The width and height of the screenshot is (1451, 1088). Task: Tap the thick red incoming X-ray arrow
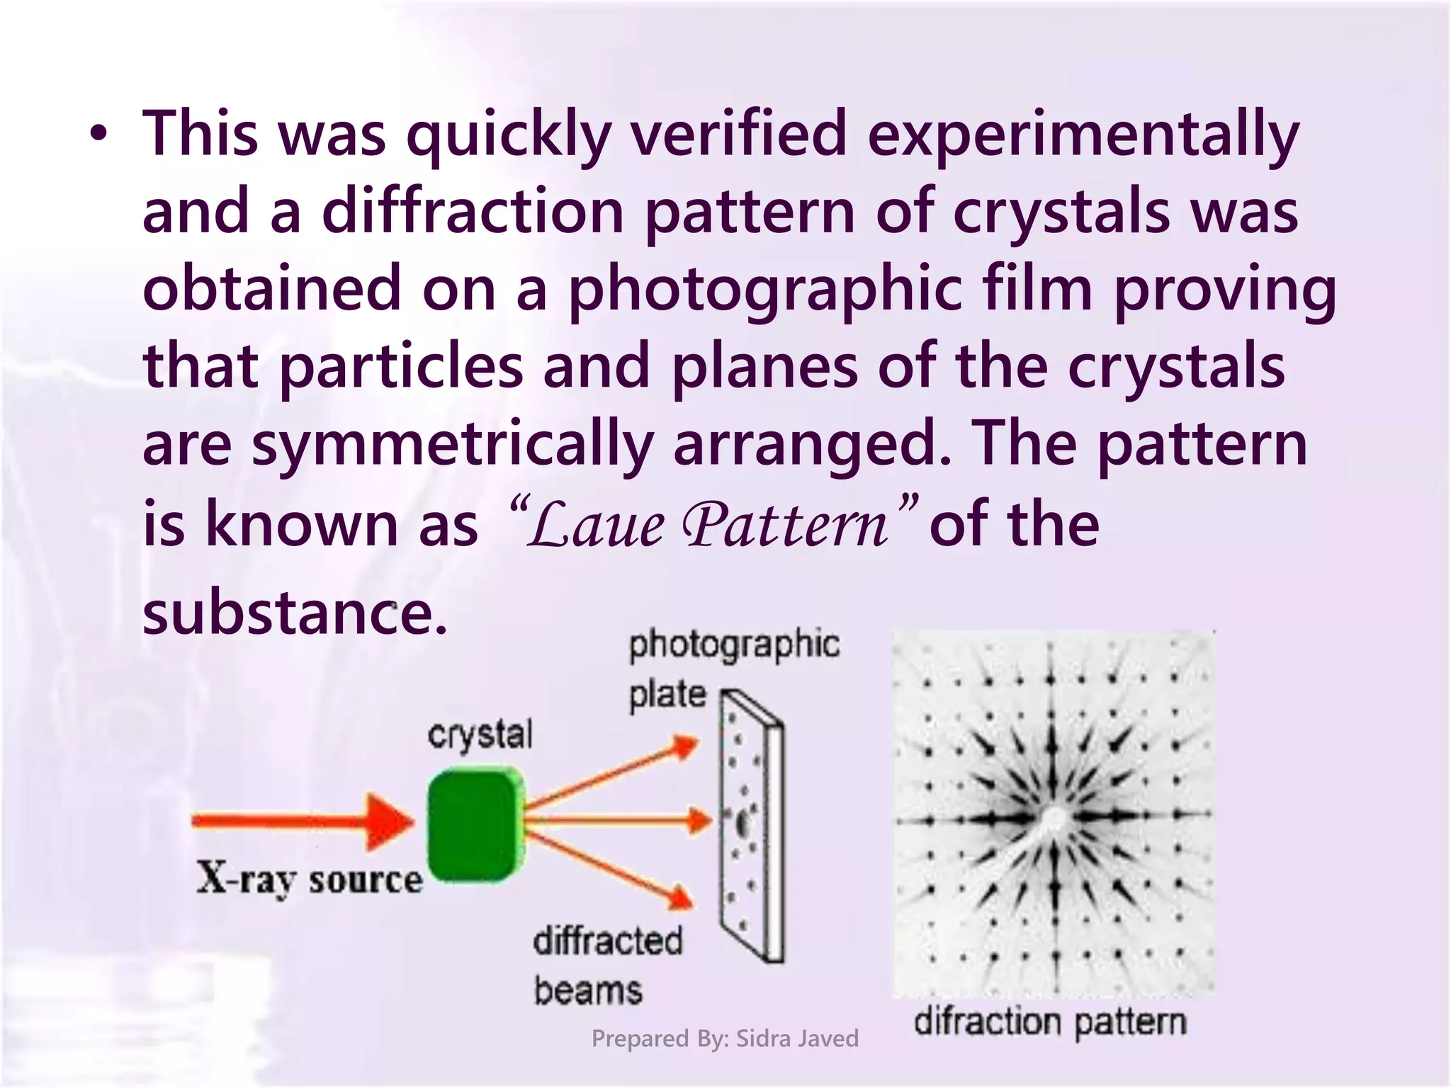pos(298,822)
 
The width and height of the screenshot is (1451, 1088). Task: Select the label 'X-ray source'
pos(309,880)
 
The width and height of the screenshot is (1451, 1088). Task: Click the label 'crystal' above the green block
pos(480,735)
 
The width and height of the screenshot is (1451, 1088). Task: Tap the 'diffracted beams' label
pos(607,965)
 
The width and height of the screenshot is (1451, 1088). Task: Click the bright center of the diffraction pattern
pos(1054,820)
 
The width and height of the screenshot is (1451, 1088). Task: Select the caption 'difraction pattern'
pos(1050,1023)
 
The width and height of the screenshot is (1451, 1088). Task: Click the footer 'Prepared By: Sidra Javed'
pos(725,1038)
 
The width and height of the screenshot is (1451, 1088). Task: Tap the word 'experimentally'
pos(1083,135)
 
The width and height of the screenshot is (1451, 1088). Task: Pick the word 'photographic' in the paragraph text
pos(765,290)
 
